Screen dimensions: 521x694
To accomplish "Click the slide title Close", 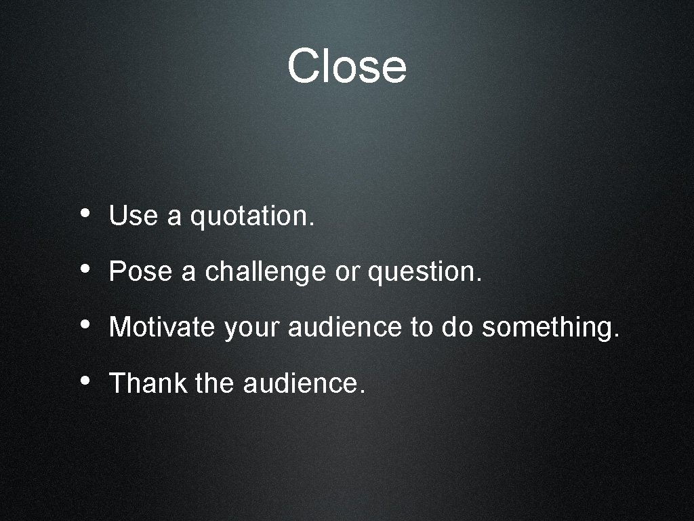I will pos(346,66).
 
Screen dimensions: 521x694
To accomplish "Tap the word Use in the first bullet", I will pos(133,216).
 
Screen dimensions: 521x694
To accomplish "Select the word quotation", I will pos(252,217).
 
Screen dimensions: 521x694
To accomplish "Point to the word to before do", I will pos(421,328).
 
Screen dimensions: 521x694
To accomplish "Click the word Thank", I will pos(148,383).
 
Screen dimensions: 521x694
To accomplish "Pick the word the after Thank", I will pos(214,383).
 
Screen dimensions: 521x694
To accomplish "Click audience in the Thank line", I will pos(304,383).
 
